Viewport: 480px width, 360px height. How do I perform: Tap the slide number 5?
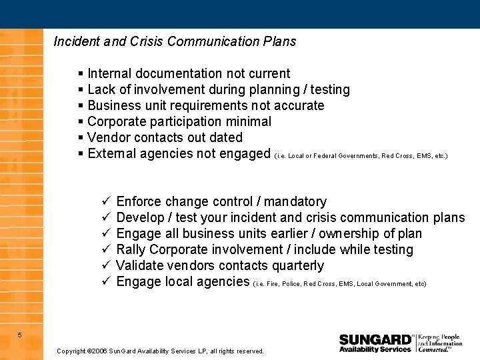coord(20,335)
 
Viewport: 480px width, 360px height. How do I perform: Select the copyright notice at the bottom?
coord(160,351)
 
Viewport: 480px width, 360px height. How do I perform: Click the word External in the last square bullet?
coord(110,153)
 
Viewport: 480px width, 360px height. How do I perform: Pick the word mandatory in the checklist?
coord(295,201)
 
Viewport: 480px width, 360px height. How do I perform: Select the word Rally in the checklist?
coord(131,249)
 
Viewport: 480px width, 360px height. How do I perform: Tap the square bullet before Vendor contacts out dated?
coord(81,137)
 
